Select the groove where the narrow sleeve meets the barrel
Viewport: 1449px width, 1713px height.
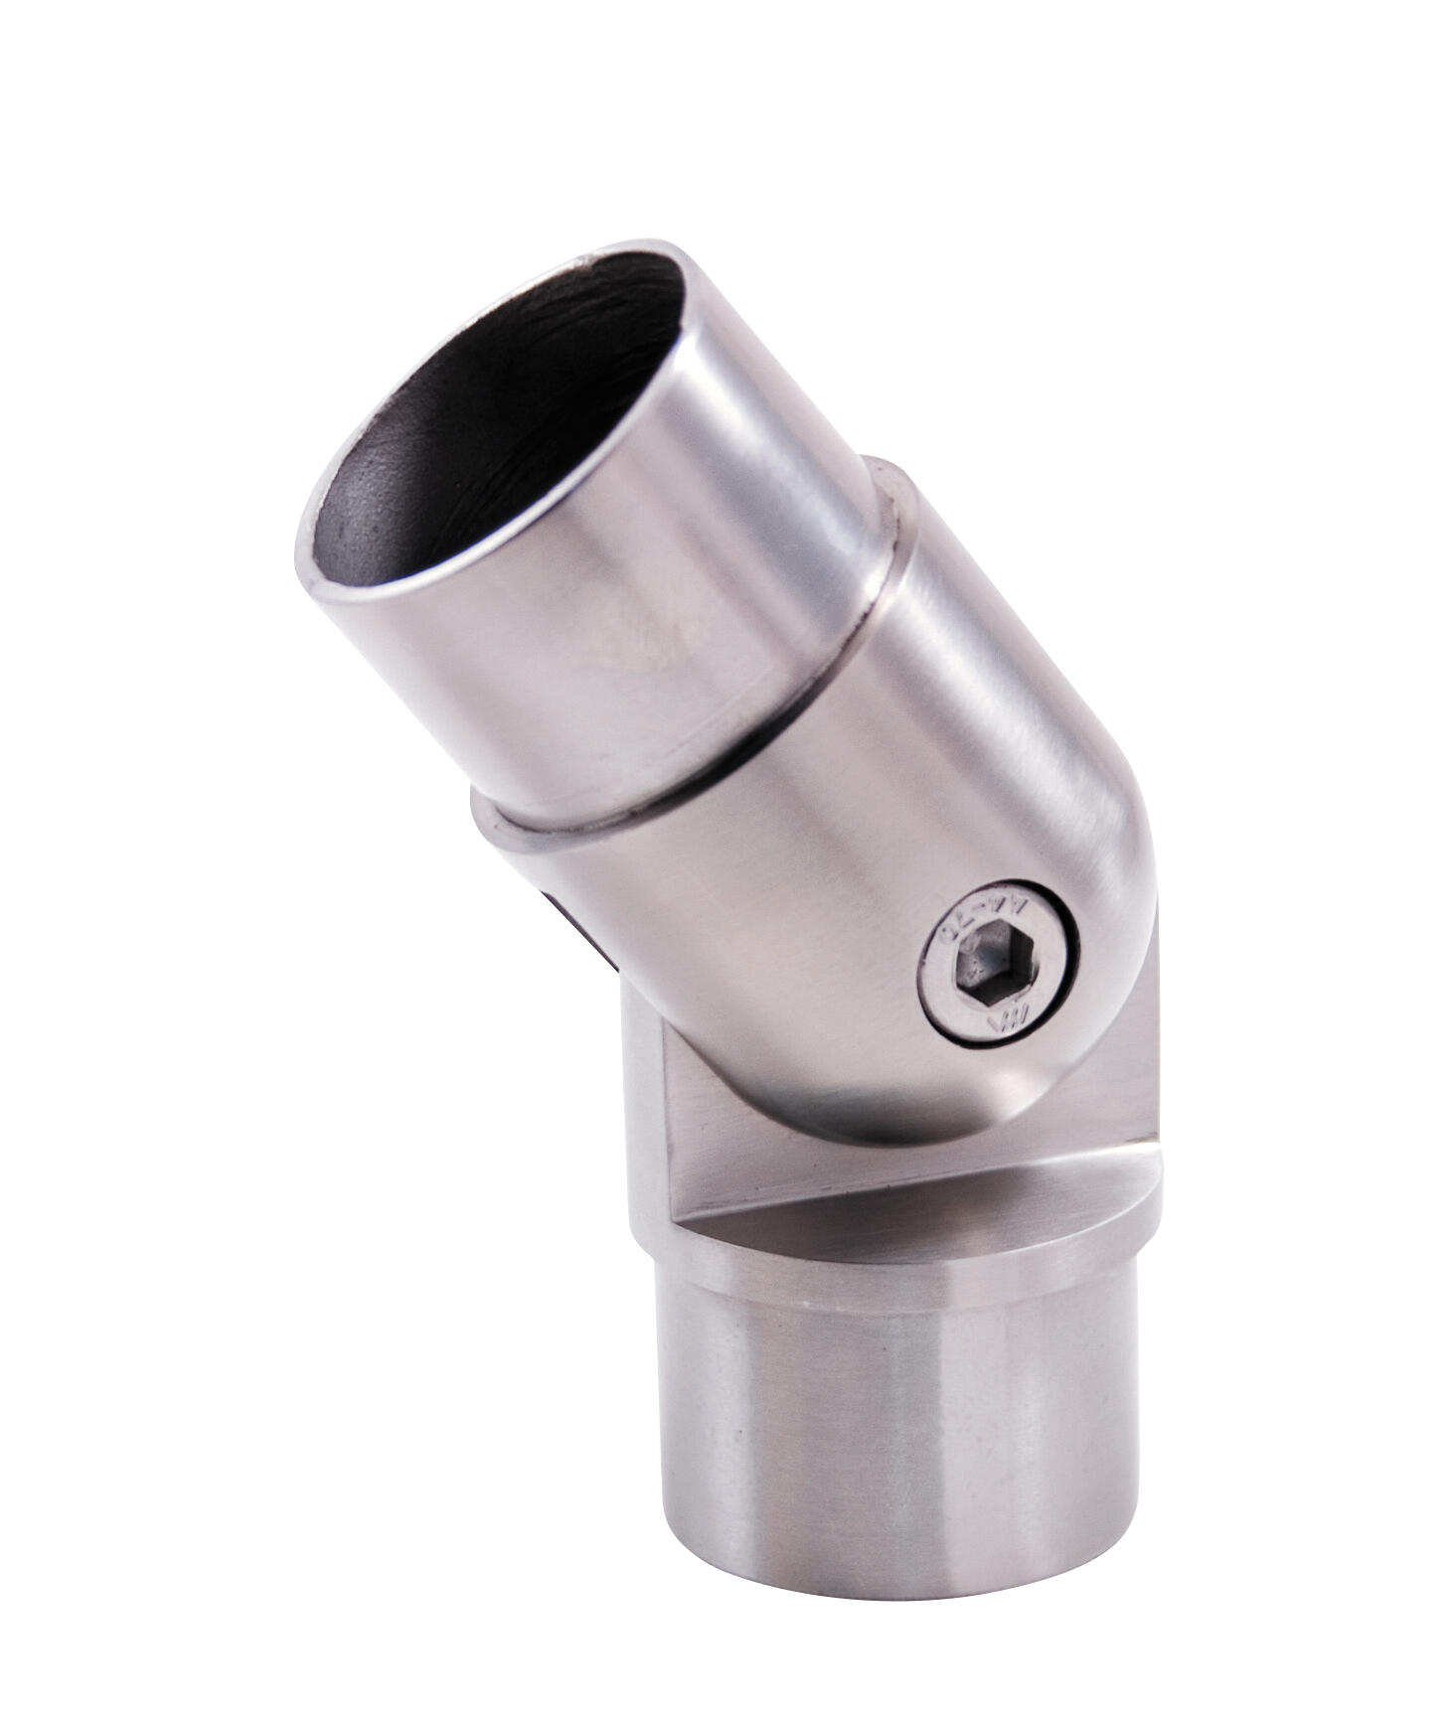(696, 775)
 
